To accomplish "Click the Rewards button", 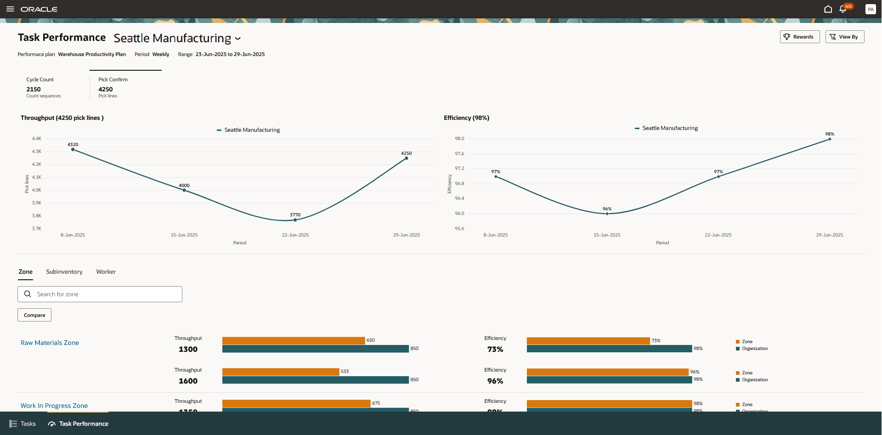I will click(799, 37).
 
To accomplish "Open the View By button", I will click(844, 37).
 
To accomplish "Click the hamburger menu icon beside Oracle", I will click(10, 9).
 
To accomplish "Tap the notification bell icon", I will click(842, 9).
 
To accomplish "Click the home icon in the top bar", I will click(828, 9).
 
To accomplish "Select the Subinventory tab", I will click(64, 272).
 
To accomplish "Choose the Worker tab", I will click(106, 272).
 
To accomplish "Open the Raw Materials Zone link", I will click(50, 343).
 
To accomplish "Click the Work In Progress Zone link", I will click(54, 406).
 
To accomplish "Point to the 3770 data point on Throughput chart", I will click(295, 220).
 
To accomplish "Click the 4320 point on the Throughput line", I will click(73, 149).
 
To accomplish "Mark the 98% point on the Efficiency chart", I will click(830, 139).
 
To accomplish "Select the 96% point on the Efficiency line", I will click(607, 214).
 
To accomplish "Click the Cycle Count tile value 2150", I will click(34, 90).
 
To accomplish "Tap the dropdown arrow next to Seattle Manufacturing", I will click(238, 39).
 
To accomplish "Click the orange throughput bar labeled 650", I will click(293, 341).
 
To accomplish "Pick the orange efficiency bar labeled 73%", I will click(588, 341).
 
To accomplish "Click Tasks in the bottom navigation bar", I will click(23, 424).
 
